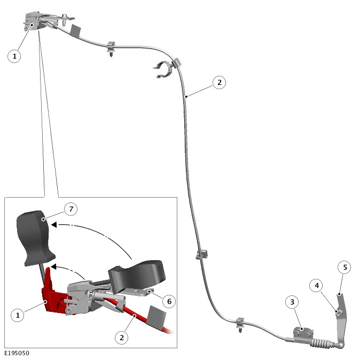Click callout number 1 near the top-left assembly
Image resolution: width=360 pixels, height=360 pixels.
[14, 56]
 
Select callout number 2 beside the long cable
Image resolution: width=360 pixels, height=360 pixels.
[220, 82]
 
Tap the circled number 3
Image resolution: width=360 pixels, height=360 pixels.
[292, 302]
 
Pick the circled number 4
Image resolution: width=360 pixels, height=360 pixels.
[317, 285]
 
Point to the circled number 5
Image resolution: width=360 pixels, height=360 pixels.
[345, 267]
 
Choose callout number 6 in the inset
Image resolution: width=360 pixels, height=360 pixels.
[169, 301]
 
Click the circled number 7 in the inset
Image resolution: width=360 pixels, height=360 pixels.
[71, 209]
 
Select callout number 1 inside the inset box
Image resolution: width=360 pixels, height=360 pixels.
[18, 315]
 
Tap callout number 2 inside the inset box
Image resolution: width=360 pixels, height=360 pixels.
[122, 338]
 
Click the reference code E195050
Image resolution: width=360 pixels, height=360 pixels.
[17, 353]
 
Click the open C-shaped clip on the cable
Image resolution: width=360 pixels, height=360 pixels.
[162, 69]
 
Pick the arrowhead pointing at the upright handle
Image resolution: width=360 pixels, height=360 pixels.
[54, 224]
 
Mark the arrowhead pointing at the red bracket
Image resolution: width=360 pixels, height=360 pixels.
[53, 267]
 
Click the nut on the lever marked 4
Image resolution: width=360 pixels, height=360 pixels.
[339, 311]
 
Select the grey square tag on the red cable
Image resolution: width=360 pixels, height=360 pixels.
[156, 316]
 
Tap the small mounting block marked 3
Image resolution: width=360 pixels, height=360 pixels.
[303, 332]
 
